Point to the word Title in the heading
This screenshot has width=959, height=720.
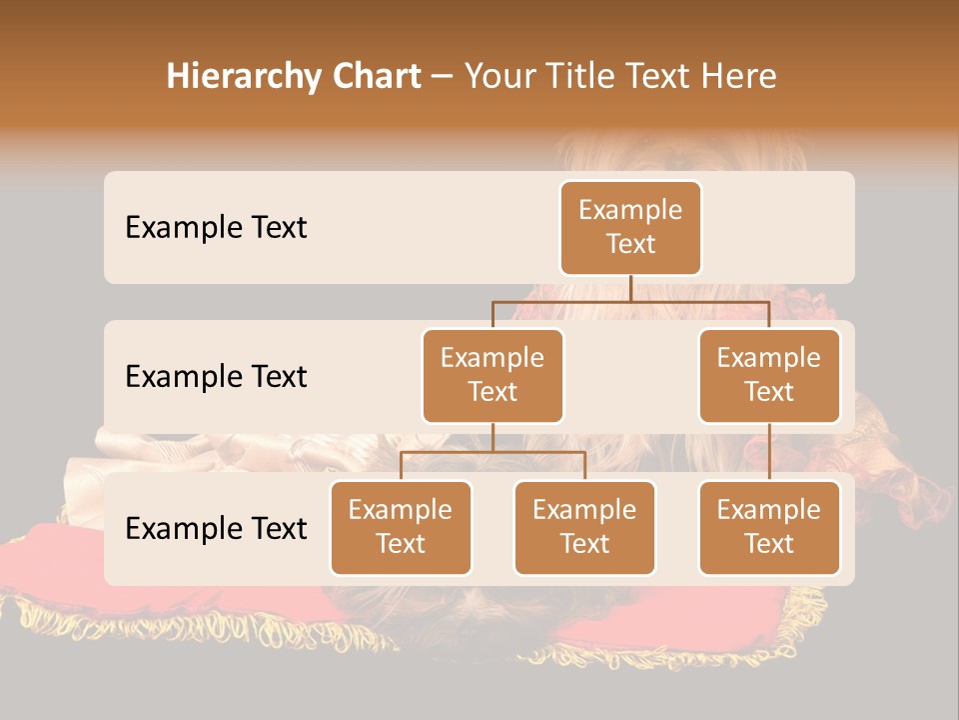(x=592, y=77)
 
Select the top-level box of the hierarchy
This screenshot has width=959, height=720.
(x=630, y=227)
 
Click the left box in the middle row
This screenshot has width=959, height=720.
(x=492, y=375)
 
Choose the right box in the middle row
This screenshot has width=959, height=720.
(x=769, y=375)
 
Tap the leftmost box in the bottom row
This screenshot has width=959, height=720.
(x=401, y=527)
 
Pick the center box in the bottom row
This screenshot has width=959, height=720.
(x=584, y=527)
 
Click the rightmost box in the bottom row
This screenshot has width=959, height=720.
(x=769, y=527)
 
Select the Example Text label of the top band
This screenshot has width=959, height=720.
(x=216, y=228)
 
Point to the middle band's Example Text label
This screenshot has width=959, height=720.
(x=216, y=377)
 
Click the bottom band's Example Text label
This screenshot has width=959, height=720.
(x=216, y=528)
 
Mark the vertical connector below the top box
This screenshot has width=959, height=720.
(x=630, y=288)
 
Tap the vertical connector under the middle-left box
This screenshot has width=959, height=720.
(x=492, y=437)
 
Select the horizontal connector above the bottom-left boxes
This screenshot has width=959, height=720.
(x=492, y=452)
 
